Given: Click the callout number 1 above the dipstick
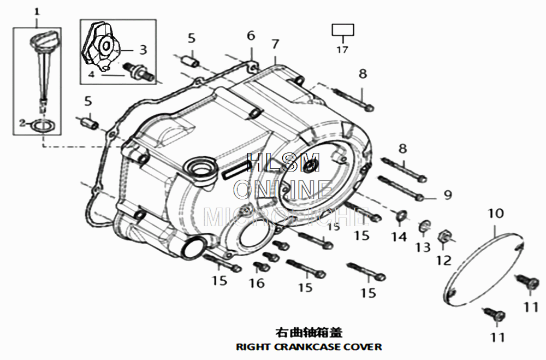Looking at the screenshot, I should (37, 11).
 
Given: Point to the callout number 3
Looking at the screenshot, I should (143, 50).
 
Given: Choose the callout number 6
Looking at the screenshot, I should (251, 36).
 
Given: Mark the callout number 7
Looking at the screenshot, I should (275, 44).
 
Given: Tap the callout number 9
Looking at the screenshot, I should (448, 195).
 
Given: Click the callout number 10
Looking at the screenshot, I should (496, 214).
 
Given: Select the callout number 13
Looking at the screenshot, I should (423, 247).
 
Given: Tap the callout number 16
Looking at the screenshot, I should (257, 282).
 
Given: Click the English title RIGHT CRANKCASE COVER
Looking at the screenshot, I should (308, 346).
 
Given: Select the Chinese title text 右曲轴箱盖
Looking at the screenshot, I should (309, 332).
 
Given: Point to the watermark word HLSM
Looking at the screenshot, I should (283, 162).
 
